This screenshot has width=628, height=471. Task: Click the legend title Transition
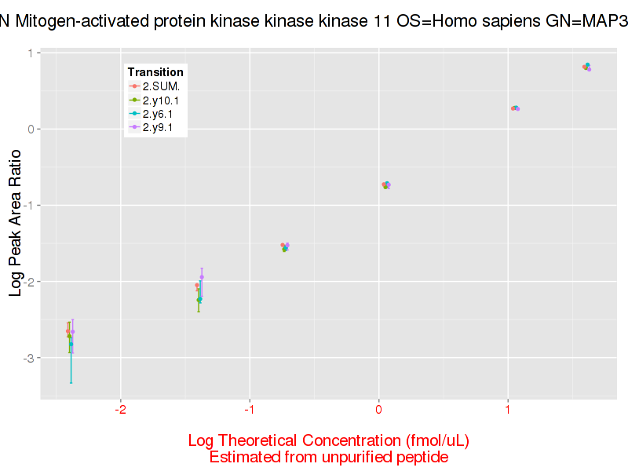[x=155, y=72]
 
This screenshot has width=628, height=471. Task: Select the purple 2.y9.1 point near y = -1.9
[x=202, y=277]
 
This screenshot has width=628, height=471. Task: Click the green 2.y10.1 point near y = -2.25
[x=199, y=299]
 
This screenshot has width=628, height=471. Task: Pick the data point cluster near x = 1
[x=515, y=108]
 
